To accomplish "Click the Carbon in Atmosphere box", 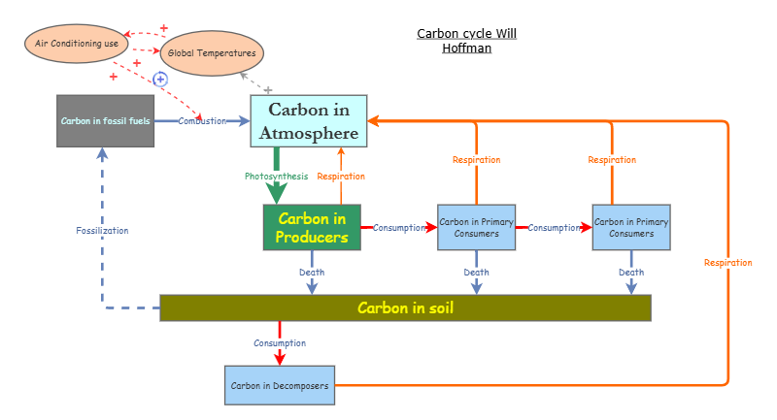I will coord(309,121).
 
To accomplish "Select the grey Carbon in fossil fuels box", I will coord(105,121).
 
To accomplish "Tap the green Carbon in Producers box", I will coord(311,228).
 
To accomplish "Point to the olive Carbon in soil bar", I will coord(405,307).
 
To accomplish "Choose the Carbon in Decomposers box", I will coord(280,385).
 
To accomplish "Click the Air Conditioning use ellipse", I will coord(77,44).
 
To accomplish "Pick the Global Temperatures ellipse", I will coord(212,53).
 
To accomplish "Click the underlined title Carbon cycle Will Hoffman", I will coord(466,41).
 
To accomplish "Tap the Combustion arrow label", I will coord(202,121).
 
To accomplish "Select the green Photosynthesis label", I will coord(276,177).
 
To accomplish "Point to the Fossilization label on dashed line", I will coord(102,231).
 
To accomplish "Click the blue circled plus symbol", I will coord(161,79).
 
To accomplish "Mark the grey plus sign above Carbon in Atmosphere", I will coord(268,89).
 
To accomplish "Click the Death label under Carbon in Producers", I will coord(312,273).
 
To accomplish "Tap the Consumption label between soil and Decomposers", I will coord(280,343).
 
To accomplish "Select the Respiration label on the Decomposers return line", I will coord(727,263).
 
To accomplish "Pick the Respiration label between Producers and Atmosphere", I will coord(341,177).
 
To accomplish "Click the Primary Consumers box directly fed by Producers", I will coord(476,228).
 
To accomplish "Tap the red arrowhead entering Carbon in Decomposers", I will coord(280,359).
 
